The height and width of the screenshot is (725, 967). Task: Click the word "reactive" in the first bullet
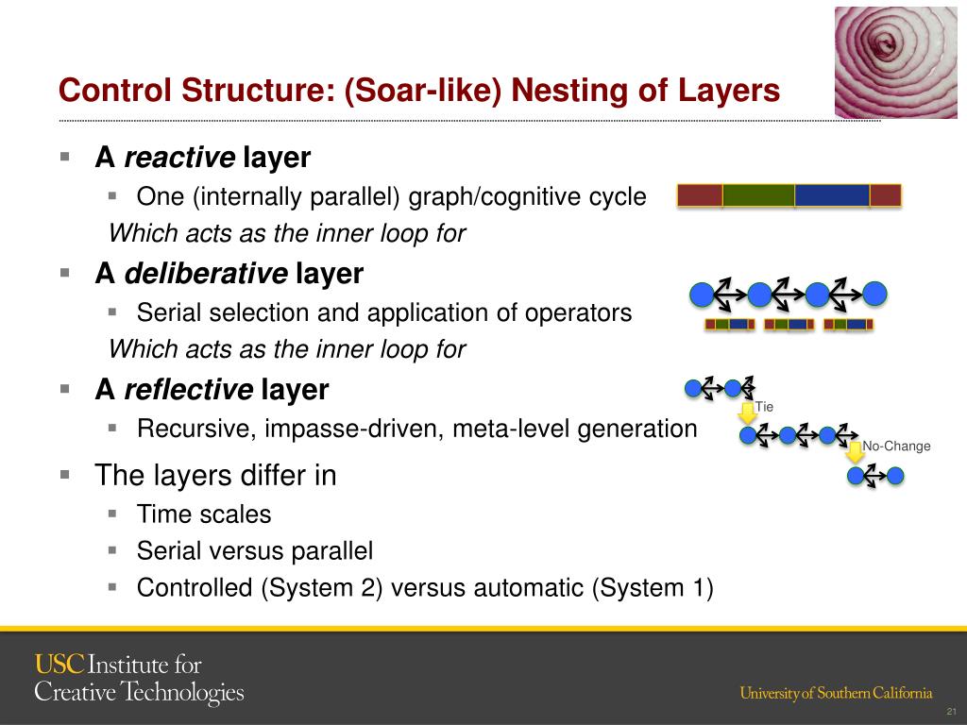(x=179, y=158)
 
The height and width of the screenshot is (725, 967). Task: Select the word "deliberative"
(x=206, y=274)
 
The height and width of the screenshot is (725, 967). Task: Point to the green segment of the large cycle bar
(x=758, y=195)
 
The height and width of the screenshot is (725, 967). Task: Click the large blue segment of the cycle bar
(x=831, y=195)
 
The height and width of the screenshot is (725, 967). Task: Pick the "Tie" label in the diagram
(x=765, y=407)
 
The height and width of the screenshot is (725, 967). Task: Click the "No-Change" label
(x=896, y=447)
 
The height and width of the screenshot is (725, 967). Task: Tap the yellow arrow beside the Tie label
(x=747, y=412)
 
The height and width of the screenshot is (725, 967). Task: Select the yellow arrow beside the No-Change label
(x=855, y=452)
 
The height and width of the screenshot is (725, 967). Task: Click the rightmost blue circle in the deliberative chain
(x=875, y=295)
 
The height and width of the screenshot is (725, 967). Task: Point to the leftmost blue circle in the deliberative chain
(x=701, y=295)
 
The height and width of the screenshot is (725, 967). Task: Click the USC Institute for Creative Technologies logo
(x=139, y=678)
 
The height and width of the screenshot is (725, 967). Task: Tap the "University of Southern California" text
(x=836, y=693)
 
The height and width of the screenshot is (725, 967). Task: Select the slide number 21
(x=951, y=711)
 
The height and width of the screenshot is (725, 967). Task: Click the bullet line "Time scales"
(x=204, y=514)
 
